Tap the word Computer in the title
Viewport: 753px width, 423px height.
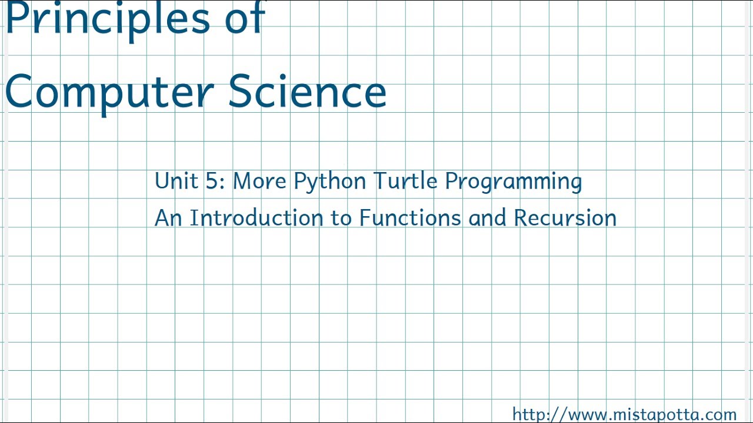pyautogui.click(x=112, y=93)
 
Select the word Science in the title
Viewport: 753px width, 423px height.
pyautogui.click(x=307, y=92)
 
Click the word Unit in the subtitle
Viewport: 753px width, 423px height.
pyautogui.click(x=176, y=181)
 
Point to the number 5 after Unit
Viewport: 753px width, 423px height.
pyautogui.click(x=212, y=181)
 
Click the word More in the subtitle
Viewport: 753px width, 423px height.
pyautogui.click(x=259, y=181)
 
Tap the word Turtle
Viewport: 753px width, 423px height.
pyautogui.click(x=405, y=181)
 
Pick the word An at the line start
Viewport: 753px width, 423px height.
pyautogui.click(x=168, y=218)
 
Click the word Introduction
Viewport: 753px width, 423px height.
pyautogui.click(x=256, y=218)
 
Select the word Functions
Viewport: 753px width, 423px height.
pyautogui.click(x=409, y=218)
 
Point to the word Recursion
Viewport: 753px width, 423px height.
pyautogui.click(x=565, y=218)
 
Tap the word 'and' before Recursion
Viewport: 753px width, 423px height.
pyautogui.click(x=487, y=218)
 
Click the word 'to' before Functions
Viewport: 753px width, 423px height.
pyautogui.click(x=341, y=219)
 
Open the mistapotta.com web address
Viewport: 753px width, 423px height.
pyautogui.click(x=624, y=414)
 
